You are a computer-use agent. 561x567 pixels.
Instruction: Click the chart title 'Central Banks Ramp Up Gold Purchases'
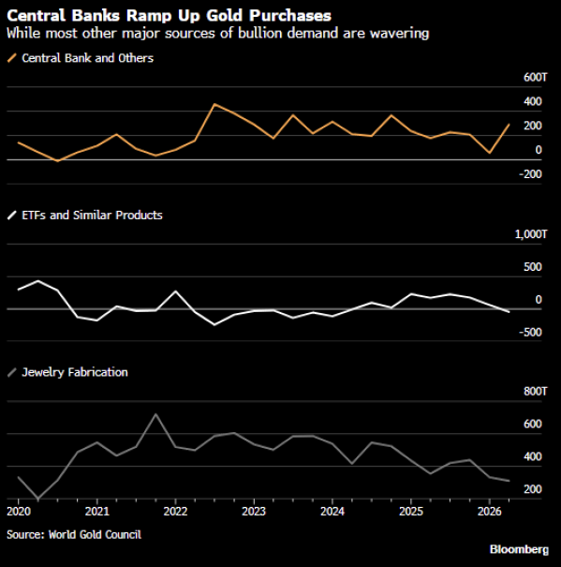click(x=169, y=16)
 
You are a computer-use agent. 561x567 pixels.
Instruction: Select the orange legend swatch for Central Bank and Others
click(x=12, y=58)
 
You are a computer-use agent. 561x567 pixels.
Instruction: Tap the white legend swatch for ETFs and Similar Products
click(x=12, y=216)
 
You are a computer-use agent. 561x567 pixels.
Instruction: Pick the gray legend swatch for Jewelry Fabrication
click(x=12, y=372)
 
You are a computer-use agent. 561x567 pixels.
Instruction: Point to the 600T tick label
click(x=536, y=77)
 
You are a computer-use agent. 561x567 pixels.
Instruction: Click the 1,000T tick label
click(x=531, y=234)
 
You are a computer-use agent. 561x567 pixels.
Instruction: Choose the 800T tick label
click(x=536, y=391)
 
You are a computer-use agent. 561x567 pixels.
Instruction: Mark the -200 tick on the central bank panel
click(x=530, y=174)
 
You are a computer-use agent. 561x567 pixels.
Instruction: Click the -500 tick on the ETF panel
click(x=530, y=333)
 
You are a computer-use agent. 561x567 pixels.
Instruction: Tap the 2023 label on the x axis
click(x=254, y=512)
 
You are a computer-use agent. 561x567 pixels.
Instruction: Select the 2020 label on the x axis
click(x=19, y=512)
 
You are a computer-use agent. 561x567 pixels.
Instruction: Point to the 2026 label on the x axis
click(x=490, y=512)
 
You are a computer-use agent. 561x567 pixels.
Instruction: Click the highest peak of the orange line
click(x=214, y=104)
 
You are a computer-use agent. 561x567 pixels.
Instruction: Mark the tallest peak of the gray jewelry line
click(x=155, y=413)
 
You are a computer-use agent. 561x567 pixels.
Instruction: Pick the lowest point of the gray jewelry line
click(x=38, y=499)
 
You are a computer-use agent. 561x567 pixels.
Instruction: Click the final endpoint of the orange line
click(x=509, y=125)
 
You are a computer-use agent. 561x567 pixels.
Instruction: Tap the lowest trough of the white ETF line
click(x=214, y=324)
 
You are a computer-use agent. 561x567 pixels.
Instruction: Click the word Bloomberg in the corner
click(x=519, y=549)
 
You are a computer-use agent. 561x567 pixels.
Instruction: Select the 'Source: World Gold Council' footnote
click(x=74, y=534)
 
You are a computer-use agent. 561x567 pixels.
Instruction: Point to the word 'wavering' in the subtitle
click(x=399, y=33)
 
